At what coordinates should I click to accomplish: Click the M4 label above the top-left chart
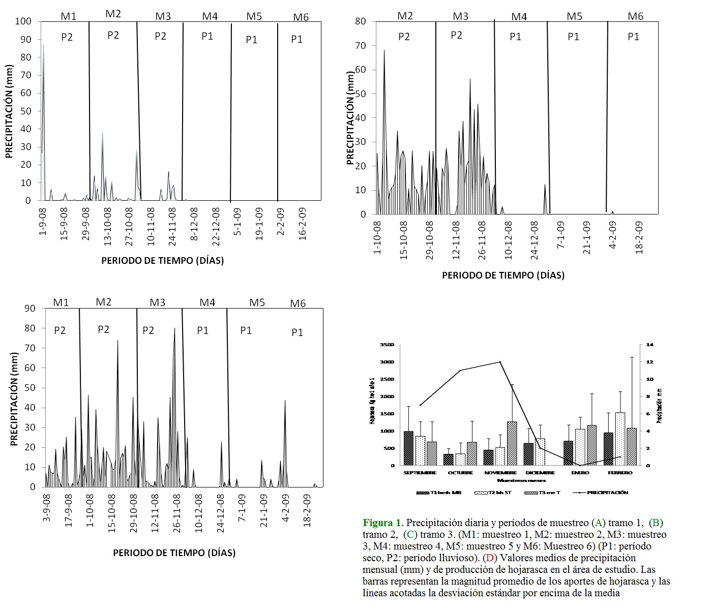[x=210, y=16]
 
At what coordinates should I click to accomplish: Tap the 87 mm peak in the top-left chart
[x=43, y=46]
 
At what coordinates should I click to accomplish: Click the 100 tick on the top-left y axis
[x=23, y=21]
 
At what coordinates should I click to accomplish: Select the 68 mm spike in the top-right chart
[x=384, y=51]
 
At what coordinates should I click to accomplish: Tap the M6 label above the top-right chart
[x=635, y=16]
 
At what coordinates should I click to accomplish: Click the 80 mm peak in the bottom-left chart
[x=174, y=329]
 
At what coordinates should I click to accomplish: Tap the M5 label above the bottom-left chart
[x=257, y=302]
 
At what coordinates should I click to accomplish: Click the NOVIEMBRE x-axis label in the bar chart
[x=501, y=473]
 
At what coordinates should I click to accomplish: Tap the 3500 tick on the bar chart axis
[x=387, y=345]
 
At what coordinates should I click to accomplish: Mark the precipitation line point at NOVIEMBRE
[x=500, y=362]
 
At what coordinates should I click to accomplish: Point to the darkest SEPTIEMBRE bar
[x=408, y=448]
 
